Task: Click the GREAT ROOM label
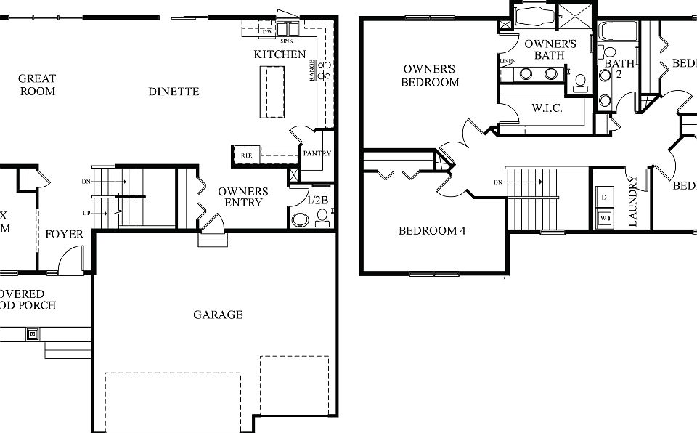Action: click(37, 84)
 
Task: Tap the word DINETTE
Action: click(174, 92)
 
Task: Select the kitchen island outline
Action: click(274, 91)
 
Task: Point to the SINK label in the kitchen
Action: click(287, 42)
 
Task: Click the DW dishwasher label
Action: click(266, 31)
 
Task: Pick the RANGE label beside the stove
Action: click(313, 70)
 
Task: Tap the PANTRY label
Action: click(317, 153)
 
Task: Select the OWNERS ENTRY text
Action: click(243, 197)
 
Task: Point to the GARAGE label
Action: click(218, 315)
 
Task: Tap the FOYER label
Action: click(65, 235)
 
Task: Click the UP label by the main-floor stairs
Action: click(87, 214)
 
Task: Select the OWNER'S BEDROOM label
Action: click(431, 76)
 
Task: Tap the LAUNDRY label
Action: click(633, 201)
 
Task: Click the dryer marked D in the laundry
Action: click(604, 196)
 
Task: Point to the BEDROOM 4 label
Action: click(432, 231)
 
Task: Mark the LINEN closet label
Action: click(508, 61)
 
